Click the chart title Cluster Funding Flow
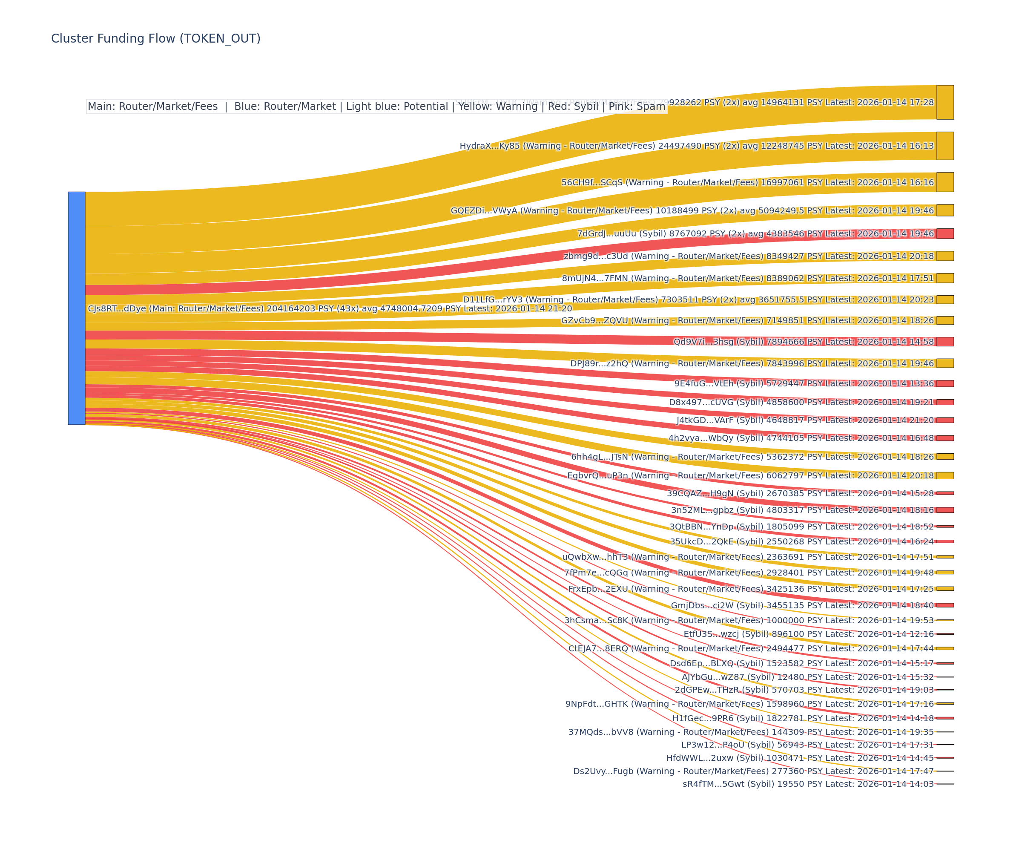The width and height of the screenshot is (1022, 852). click(156, 38)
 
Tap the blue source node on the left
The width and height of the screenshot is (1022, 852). click(76, 308)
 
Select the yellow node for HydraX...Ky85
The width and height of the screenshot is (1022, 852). click(944, 146)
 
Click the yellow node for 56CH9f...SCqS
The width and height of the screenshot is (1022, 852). click(944, 182)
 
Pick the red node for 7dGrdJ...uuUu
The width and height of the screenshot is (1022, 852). click(944, 234)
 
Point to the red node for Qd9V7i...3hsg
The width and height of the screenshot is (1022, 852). click(944, 342)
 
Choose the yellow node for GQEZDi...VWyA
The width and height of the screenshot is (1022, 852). click(944, 210)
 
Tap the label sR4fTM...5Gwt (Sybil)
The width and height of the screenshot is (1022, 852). click(808, 784)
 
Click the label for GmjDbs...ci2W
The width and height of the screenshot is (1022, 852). click(802, 606)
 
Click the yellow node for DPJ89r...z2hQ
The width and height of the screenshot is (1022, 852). click(944, 363)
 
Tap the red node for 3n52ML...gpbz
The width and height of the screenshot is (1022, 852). click(944, 510)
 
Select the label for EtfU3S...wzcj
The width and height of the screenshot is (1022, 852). click(808, 634)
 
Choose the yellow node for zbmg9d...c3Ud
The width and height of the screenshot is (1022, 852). click(944, 256)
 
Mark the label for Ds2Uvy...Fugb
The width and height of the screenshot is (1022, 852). click(753, 771)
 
